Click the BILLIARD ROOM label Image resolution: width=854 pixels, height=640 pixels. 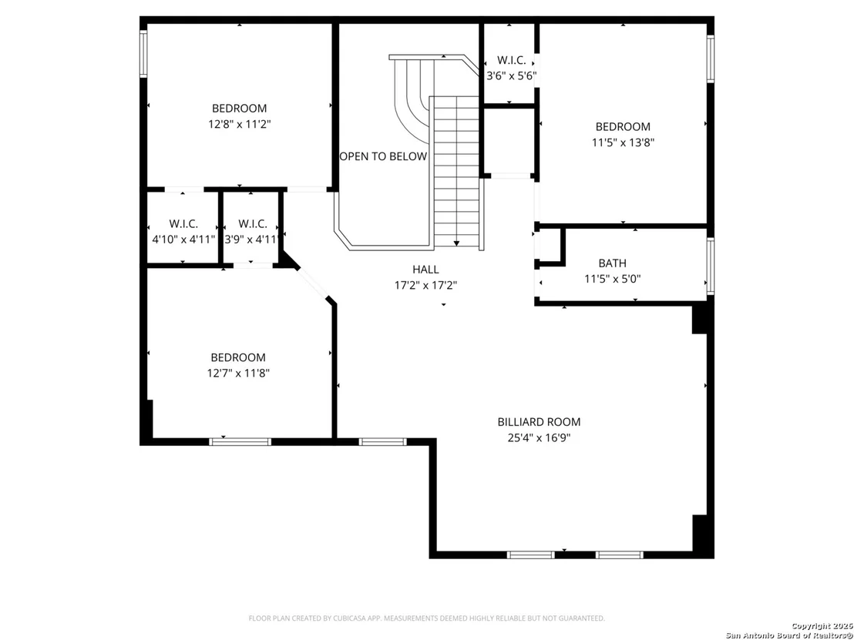pyautogui.click(x=539, y=422)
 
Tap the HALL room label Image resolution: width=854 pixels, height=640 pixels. pyautogui.click(x=425, y=270)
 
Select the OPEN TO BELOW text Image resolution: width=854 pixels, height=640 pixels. pyautogui.click(x=383, y=157)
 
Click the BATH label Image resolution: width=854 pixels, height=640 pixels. pyautogui.click(x=612, y=263)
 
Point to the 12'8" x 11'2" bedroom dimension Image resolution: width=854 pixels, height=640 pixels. pyautogui.click(x=240, y=124)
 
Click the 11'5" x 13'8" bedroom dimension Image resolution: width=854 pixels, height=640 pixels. pyautogui.click(x=623, y=142)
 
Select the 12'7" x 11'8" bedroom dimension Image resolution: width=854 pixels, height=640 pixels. pyautogui.click(x=239, y=374)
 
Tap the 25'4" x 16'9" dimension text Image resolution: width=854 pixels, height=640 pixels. pyautogui.click(x=539, y=437)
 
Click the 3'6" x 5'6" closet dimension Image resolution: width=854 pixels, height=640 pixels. pyautogui.click(x=512, y=76)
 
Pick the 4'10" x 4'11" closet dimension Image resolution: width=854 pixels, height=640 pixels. pyautogui.click(x=183, y=240)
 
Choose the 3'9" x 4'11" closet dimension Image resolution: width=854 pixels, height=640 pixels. pyautogui.click(x=252, y=240)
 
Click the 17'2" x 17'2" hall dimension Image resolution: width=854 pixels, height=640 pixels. pyautogui.click(x=426, y=285)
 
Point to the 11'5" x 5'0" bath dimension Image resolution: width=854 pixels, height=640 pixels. pyautogui.click(x=612, y=280)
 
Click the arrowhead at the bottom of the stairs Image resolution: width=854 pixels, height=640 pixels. pyautogui.click(x=456, y=243)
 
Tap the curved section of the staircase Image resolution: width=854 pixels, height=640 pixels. pyautogui.click(x=413, y=92)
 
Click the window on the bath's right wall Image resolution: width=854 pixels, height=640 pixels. pyautogui.click(x=710, y=266)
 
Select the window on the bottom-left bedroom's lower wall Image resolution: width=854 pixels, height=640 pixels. pyautogui.click(x=240, y=441)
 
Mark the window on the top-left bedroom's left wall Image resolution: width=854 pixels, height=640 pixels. pyautogui.click(x=144, y=53)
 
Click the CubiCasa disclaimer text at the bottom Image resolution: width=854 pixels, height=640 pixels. pyautogui.click(x=426, y=618)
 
